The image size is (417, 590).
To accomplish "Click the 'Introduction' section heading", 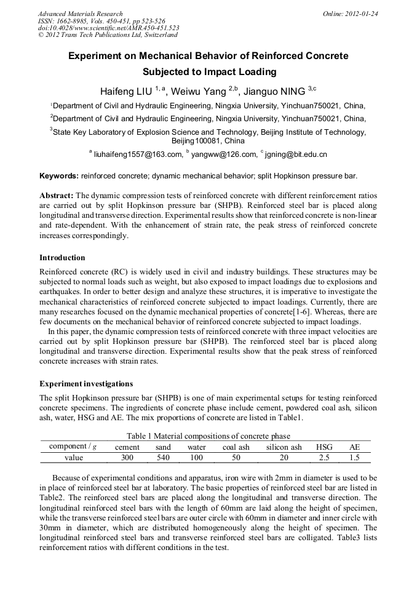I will (x=62, y=257).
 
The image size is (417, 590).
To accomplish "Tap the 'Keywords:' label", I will (x=59, y=176).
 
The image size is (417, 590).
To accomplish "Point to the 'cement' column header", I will (x=127, y=447).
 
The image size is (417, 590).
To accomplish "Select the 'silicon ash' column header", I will (x=284, y=447).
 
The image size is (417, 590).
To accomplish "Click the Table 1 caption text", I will (x=208, y=436).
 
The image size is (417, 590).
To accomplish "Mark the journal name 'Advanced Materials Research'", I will (x=81, y=14).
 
